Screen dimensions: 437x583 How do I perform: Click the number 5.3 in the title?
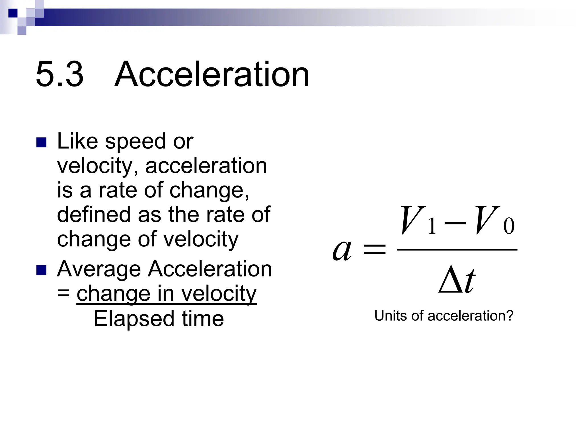pos(59,75)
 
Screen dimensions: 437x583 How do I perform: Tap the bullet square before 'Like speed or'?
pos(42,143)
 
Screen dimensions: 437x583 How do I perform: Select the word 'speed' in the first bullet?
pos(136,142)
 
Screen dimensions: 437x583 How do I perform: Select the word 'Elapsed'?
pos(134,319)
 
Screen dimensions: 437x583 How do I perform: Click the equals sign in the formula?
pos(375,250)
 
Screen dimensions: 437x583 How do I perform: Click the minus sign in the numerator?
pos(455,222)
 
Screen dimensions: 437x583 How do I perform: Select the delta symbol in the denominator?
pos(450,281)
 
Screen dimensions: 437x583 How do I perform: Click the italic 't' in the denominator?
pos(469,281)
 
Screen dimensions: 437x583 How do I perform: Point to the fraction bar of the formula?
pos(457,250)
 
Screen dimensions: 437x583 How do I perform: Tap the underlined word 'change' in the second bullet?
pos(113,294)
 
